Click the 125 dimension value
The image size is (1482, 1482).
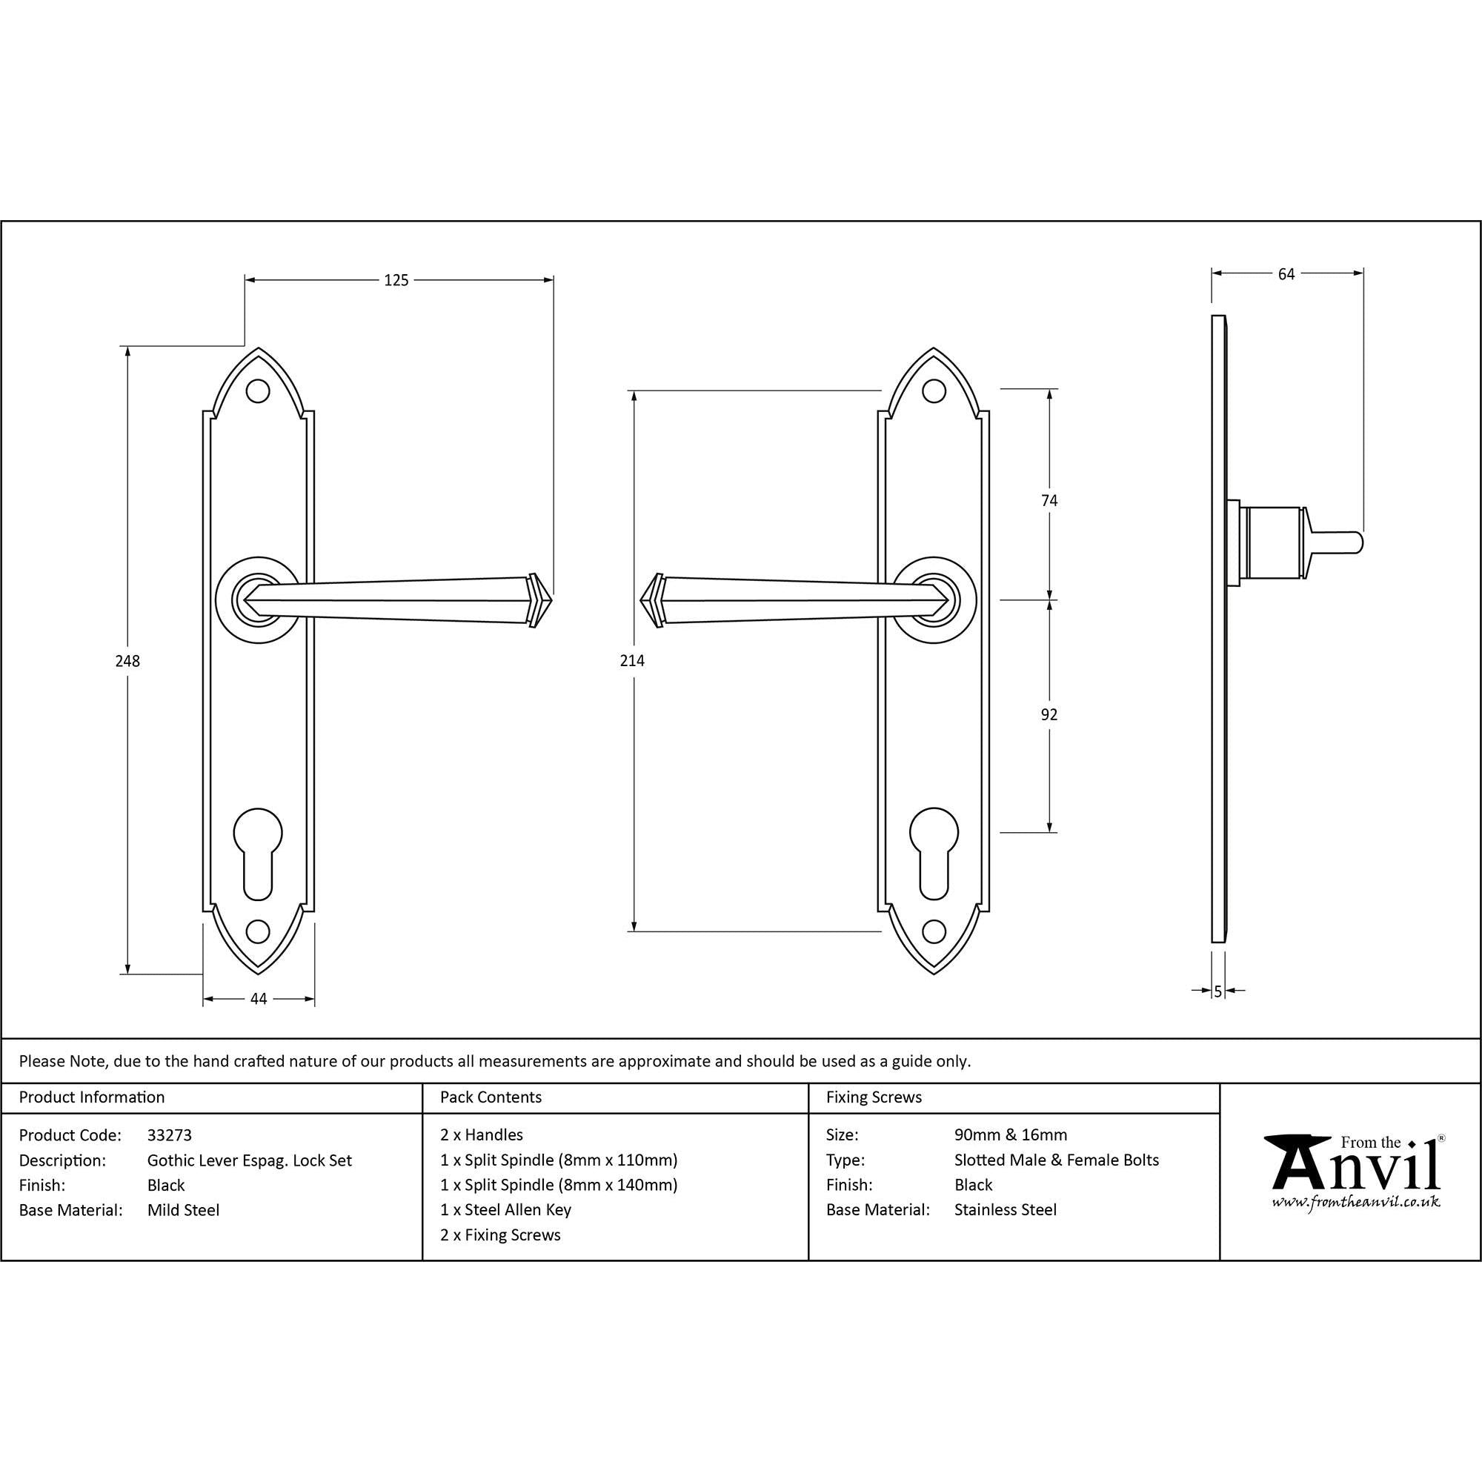coord(396,281)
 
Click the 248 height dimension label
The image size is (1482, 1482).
coord(127,660)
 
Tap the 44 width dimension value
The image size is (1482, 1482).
coord(259,999)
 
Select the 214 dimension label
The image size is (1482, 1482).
coord(632,660)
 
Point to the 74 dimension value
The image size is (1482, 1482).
coord(1049,501)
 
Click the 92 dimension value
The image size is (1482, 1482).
coord(1049,715)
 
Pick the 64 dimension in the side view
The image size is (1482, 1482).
coord(1286,274)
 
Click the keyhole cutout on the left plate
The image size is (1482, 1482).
coord(259,851)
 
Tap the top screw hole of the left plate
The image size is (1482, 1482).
coord(259,391)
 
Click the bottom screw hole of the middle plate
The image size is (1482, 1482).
coord(933,931)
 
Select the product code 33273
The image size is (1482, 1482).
coord(170,1135)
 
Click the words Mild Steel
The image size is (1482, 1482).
coord(183,1211)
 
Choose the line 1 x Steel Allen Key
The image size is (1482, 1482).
coord(505,1210)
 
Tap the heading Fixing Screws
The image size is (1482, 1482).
coord(874,1097)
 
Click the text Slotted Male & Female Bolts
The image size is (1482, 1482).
coord(1056,1160)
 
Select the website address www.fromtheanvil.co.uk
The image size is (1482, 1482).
coord(1355,1202)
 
